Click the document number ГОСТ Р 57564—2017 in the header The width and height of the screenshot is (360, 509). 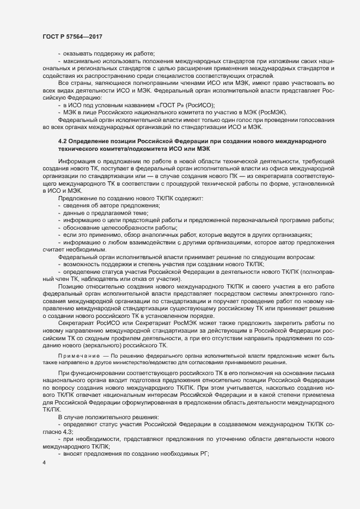click(x=72, y=36)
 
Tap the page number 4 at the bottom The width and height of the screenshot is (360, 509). click(x=44, y=464)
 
